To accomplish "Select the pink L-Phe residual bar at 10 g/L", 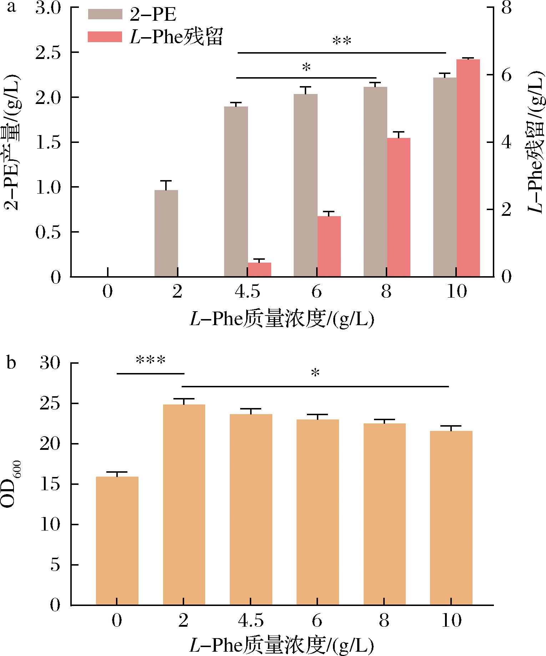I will [468, 168].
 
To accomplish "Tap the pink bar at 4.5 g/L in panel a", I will [259, 269].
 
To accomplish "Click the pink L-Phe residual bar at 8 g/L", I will [399, 207].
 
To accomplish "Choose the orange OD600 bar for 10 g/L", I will [451, 518].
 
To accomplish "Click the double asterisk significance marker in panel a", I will [342, 41].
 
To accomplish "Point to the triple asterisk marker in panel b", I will [151, 361].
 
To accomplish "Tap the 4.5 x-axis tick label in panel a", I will [247, 292].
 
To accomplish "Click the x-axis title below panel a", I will [282, 319].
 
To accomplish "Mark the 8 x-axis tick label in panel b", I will [384, 622].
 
